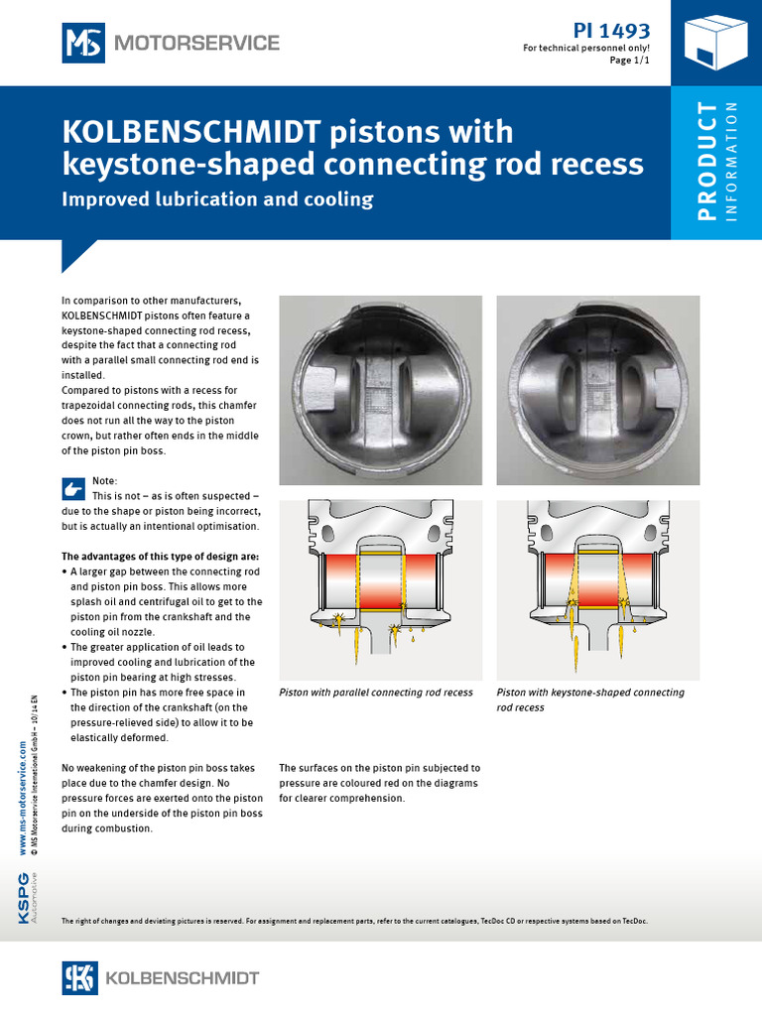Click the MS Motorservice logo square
click(x=84, y=43)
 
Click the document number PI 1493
click(x=612, y=30)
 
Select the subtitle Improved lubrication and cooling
click(x=217, y=199)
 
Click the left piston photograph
click(x=380, y=390)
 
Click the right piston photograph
click(x=598, y=390)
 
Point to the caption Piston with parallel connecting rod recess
click(x=376, y=693)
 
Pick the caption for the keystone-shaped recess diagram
click(x=590, y=699)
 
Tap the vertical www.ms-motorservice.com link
click(x=22, y=794)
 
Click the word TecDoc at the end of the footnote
click(x=633, y=922)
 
